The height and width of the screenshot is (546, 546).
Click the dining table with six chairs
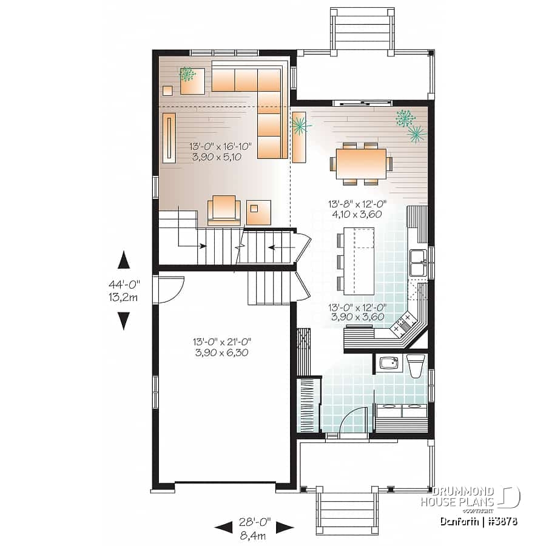click(x=361, y=163)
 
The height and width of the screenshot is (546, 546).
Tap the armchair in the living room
click(x=224, y=211)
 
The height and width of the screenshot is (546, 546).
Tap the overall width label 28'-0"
click(x=254, y=521)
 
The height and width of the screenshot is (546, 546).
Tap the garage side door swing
click(x=169, y=289)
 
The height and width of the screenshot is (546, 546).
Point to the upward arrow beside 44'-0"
click(x=124, y=260)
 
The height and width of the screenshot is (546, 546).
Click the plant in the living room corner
click(x=187, y=75)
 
